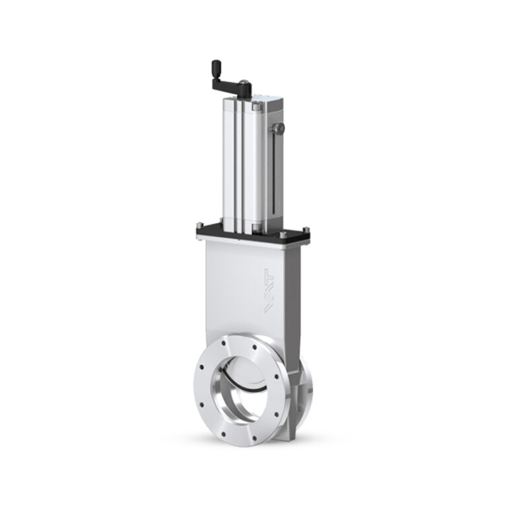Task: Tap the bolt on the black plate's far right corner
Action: coord(304,230)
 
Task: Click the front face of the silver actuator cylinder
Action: coord(238,165)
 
